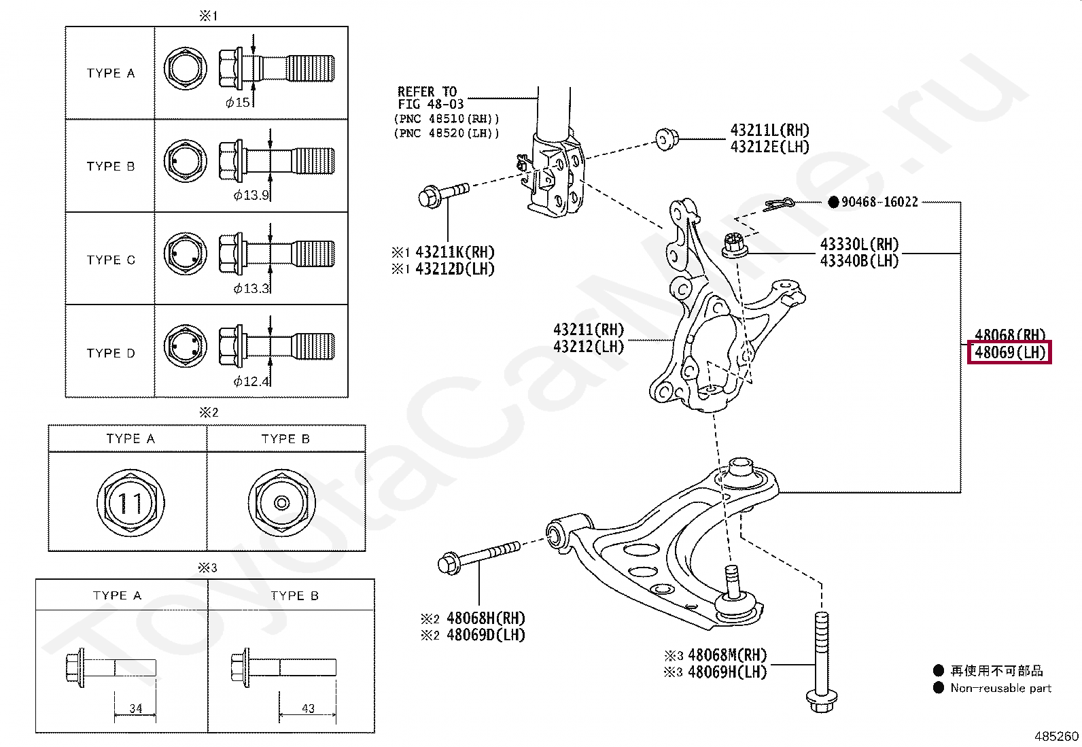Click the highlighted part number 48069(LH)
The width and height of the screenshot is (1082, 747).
point(1009,352)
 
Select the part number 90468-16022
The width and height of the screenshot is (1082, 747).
point(879,202)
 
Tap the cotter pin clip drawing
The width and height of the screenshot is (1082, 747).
point(779,204)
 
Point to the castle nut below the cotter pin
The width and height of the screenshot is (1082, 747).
point(734,245)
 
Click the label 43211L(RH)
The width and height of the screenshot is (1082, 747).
point(769,130)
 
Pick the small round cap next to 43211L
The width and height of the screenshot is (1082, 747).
point(667,139)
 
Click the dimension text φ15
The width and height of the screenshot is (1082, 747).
point(238,103)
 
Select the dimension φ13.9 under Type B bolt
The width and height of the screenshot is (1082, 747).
point(251,195)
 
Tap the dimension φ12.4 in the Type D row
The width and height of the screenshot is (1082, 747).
point(251,382)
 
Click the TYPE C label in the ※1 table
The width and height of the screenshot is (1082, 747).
point(111,260)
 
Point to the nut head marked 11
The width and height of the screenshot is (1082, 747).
point(130,502)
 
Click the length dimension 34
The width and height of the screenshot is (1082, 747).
point(136,708)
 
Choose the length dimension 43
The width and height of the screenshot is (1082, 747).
point(308,708)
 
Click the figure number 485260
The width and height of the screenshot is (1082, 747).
point(1056,736)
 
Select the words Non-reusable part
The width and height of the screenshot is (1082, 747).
point(1001,688)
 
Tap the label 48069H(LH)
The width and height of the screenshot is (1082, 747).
point(727,672)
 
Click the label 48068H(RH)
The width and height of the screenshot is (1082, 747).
point(485,618)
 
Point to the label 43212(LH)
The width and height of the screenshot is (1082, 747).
point(589,347)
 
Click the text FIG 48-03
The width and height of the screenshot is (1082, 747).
point(431,105)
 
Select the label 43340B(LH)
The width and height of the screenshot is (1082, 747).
point(859,261)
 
